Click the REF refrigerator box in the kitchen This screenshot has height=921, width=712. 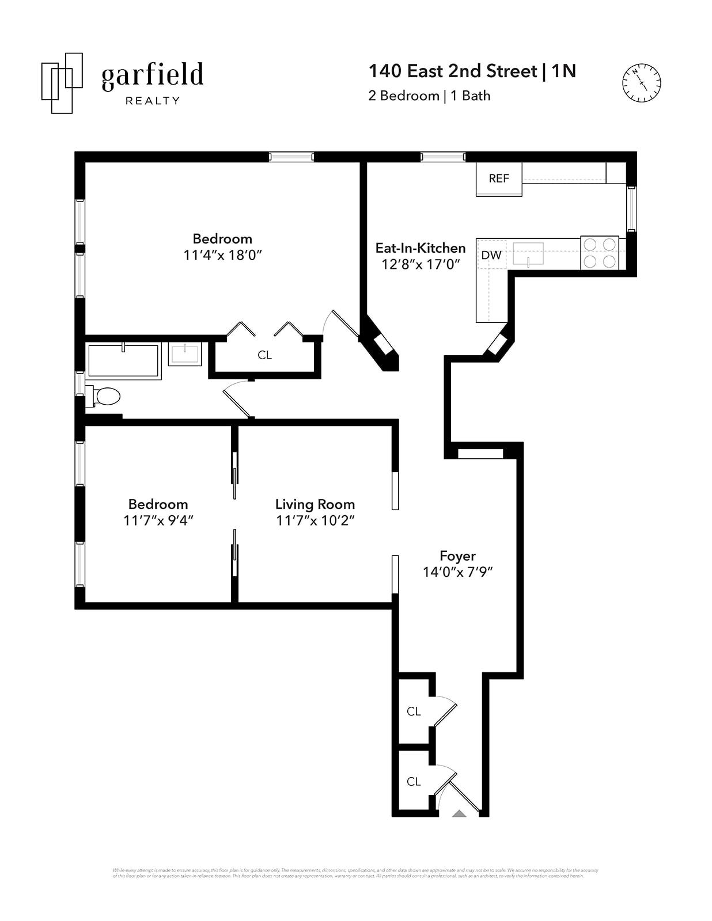[x=499, y=178]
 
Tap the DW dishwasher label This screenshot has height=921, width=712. [x=491, y=255]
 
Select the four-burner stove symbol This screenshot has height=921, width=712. [x=599, y=253]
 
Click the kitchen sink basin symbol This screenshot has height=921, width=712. [x=528, y=253]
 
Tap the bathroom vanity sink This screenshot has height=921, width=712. [x=185, y=354]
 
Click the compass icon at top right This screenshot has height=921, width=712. [x=641, y=83]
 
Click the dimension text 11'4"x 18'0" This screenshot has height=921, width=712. [x=223, y=255]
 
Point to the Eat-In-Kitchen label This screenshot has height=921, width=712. [x=421, y=248]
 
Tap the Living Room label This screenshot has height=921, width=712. [x=315, y=504]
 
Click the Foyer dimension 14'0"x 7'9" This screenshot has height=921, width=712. [x=458, y=572]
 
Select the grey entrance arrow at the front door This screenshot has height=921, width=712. [x=459, y=814]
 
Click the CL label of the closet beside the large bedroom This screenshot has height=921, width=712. [x=264, y=355]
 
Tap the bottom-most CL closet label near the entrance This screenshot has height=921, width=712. [x=414, y=782]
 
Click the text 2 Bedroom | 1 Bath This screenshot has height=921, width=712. [x=429, y=96]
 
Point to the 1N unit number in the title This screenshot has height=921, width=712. [x=563, y=71]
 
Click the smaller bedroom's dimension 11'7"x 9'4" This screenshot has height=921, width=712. [x=158, y=520]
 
